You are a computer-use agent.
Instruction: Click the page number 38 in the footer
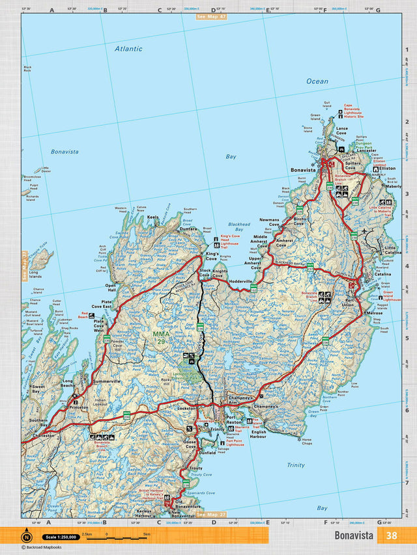(391, 536)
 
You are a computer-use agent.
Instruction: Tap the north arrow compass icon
(26, 537)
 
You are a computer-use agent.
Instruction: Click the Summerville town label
(107, 381)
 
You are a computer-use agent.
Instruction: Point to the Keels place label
(153, 217)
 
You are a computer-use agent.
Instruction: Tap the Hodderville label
(240, 280)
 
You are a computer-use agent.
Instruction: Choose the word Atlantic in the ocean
(128, 48)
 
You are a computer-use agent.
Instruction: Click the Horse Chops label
(306, 442)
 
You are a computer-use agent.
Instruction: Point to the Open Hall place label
(111, 288)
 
